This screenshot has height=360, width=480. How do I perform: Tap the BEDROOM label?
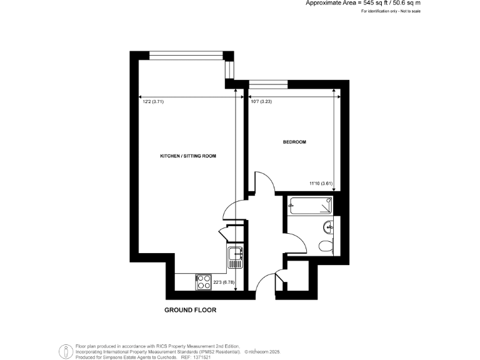coord(294,142)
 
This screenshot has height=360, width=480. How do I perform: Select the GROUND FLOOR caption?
coord(190,310)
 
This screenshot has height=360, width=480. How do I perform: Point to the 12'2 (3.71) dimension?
coord(153,101)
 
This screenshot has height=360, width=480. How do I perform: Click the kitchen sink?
coord(236,253)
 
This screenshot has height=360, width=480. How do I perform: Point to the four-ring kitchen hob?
coord(204,282)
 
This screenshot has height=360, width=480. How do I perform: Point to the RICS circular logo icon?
coord(64,352)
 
